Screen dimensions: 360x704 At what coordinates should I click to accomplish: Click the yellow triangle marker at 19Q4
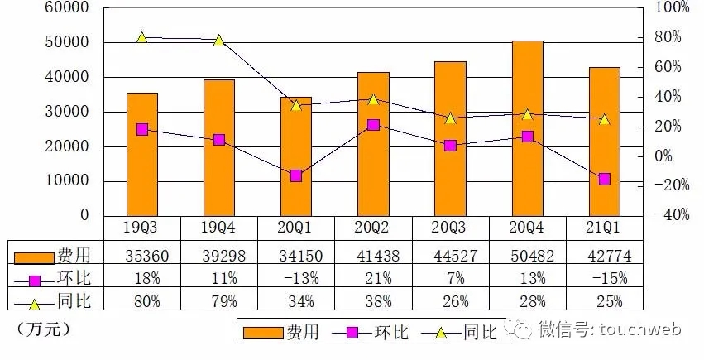coord(219,41)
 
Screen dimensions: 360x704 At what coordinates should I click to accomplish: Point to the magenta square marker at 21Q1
coord(605,179)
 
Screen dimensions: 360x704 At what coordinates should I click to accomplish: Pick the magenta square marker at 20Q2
coord(373,125)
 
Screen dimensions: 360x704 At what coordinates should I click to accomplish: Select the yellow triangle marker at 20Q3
coord(450,118)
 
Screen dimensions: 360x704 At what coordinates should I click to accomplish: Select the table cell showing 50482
coord(527,257)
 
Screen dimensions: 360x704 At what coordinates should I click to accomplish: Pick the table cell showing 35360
coord(142,257)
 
